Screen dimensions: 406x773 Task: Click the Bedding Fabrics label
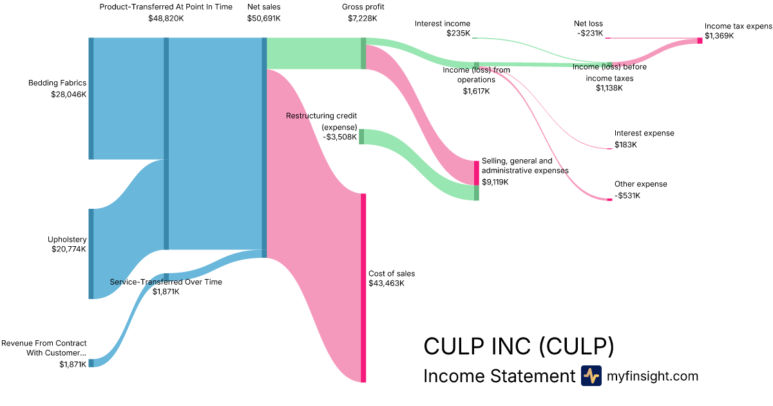(x=57, y=82)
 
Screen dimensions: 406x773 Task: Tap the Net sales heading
(x=263, y=6)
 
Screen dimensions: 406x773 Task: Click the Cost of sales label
(x=392, y=273)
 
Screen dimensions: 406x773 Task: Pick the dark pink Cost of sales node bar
(x=363, y=287)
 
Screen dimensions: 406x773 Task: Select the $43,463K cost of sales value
(x=386, y=283)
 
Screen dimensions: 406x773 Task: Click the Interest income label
(x=443, y=24)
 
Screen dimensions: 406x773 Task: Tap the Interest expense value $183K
(x=625, y=144)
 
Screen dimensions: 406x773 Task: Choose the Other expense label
(x=641, y=184)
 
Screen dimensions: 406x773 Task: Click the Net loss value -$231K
(x=590, y=34)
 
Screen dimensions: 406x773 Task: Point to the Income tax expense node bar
(x=700, y=41)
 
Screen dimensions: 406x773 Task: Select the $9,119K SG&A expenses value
(x=495, y=182)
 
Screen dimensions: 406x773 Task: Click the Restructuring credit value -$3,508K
(x=339, y=137)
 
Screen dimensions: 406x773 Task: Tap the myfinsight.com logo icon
(x=591, y=376)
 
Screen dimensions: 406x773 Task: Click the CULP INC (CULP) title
(x=519, y=347)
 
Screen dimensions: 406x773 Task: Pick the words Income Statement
(x=499, y=376)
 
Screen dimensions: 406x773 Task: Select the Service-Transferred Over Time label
(x=166, y=282)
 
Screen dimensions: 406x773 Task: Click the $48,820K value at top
(x=166, y=18)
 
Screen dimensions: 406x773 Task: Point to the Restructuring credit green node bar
(x=361, y=137)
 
